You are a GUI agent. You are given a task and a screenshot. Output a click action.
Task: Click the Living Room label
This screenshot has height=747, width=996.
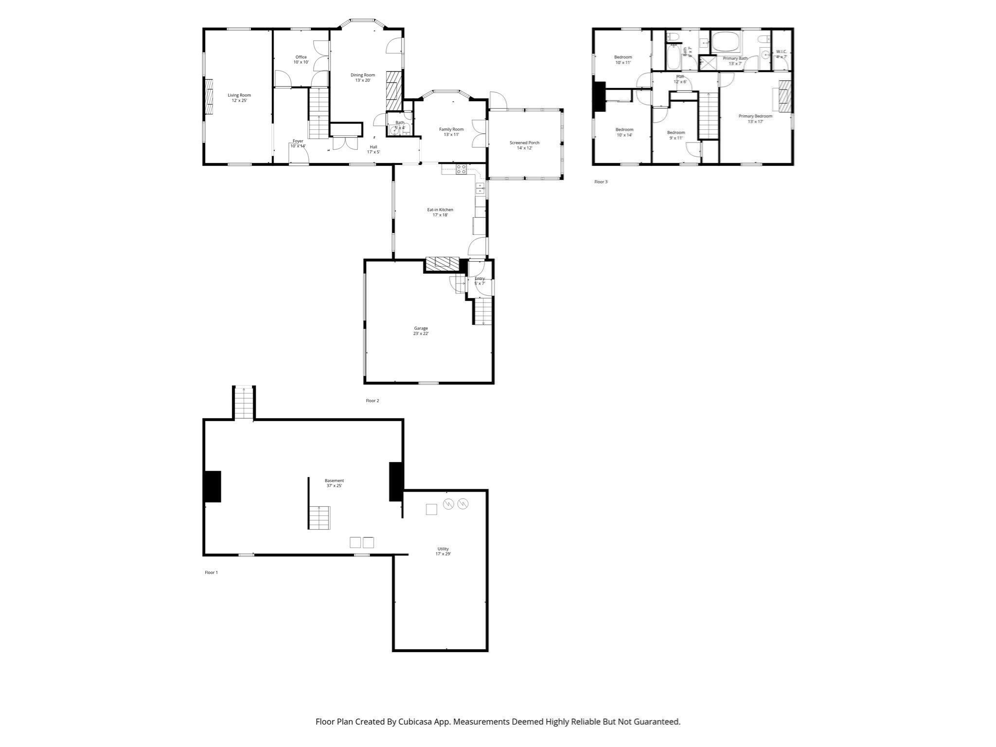[x=239, y=98]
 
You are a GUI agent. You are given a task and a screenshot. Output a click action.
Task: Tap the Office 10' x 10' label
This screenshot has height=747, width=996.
[x=301, y=59]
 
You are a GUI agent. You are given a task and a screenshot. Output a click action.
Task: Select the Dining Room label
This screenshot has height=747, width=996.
[x=363, y=78]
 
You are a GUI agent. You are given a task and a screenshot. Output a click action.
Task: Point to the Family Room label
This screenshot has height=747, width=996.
[x=451, y=132]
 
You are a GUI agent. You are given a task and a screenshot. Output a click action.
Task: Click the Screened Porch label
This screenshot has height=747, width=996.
[x=524, y=145]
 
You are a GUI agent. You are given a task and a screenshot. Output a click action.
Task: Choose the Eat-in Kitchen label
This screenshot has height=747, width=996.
[x=440, y=212]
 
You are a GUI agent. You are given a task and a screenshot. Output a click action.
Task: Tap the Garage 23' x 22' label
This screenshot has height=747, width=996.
[x=421, y=331]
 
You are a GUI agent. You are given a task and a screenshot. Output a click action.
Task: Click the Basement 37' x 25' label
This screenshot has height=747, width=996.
[x=334, y=483]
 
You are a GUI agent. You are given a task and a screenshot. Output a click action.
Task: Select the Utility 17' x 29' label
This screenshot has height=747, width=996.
[x=443, y=551]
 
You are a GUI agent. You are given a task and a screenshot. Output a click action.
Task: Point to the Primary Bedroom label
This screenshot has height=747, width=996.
[x=755, y=119]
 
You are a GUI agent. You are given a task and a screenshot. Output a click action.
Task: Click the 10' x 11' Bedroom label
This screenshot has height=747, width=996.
[x=623, y=60]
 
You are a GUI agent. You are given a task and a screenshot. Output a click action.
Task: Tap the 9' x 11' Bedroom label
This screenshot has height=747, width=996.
[x=676, y=135]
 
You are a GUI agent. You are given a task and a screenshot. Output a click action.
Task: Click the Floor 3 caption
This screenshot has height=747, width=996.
[x=601, y=182]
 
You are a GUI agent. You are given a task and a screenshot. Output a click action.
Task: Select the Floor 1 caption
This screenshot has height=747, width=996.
[x=211, y=572]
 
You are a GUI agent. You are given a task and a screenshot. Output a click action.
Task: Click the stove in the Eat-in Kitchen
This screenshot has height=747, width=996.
[x=461, y=169]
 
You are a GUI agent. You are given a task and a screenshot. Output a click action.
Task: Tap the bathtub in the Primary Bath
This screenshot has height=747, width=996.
[x=726, y=42]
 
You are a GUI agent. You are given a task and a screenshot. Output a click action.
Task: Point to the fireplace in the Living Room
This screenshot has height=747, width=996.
[x=209, y=96]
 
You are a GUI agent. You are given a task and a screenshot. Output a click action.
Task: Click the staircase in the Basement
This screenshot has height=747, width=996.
[x=319, y=517]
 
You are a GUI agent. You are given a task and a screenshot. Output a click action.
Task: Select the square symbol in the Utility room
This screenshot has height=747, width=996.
[x=431, y=509]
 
